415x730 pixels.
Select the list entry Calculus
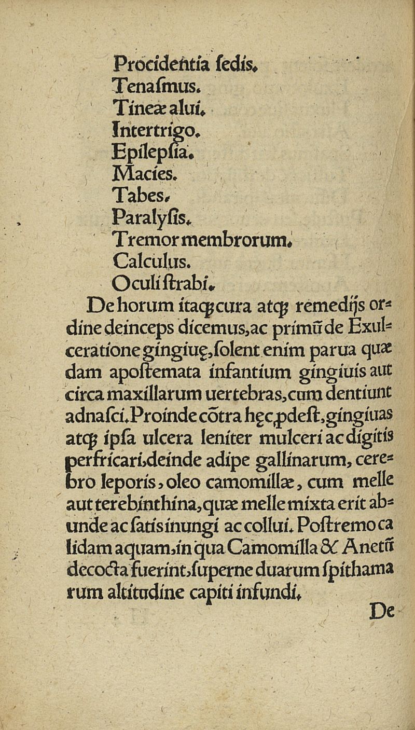click(146, 260)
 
